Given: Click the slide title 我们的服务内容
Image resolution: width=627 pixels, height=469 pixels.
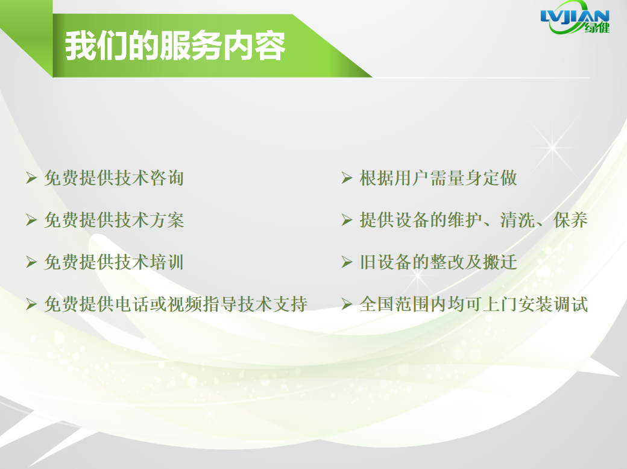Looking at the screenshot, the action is click(175, 46).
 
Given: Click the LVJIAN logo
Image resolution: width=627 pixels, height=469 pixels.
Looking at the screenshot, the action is click(575, 17).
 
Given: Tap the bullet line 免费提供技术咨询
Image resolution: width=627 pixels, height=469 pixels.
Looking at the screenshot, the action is click(114, 178).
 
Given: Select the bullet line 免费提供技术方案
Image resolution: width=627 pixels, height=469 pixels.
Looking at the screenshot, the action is click(114, 220).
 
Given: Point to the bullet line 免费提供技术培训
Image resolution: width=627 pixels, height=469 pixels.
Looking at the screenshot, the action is click(114, 262).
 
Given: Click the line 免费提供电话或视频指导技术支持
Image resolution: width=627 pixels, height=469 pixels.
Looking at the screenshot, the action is click(175, 304).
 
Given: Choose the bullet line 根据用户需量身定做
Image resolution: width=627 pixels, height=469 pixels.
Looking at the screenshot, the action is click(438, 178).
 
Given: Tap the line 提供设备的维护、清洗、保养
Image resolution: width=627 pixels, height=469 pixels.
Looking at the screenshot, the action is click(473, 220).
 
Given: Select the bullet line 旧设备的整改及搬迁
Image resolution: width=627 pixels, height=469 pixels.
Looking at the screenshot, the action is click(438, 262).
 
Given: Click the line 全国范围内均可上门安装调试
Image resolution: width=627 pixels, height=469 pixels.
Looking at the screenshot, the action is click(473, 304).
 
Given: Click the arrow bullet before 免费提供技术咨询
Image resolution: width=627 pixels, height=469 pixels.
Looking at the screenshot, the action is click(31, 178).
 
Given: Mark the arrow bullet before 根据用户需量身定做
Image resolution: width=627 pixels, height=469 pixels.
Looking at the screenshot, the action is click(347, 178).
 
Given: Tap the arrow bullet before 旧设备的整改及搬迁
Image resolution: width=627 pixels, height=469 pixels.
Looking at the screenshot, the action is click(347, 262).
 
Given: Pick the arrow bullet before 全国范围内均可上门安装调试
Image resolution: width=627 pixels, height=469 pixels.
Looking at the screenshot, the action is click(347, 304).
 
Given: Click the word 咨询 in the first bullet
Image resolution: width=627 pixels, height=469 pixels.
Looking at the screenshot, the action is click(167, 178).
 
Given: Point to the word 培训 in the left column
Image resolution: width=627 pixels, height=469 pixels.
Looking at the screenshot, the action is click(167, 262).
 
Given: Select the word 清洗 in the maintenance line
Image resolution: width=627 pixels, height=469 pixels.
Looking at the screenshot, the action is click(517, 220).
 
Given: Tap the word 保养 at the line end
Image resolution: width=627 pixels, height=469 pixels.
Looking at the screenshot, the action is click(570, 220).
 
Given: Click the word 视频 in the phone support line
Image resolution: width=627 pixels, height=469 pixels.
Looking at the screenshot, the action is click(184, 304).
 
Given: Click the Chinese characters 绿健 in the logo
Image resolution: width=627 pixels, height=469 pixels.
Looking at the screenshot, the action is click(597, 27).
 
